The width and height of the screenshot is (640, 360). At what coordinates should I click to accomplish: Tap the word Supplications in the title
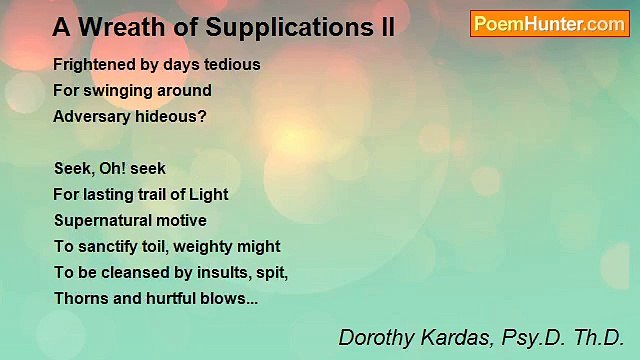[x=274, y=28]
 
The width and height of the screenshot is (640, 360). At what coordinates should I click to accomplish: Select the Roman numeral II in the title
[x=385, y=28]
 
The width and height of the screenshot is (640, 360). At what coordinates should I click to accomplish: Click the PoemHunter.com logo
[x=549, y=24]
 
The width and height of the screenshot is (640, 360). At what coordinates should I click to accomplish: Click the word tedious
[x=231, y=64]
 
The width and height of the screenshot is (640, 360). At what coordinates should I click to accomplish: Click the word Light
[x=206, y=194]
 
